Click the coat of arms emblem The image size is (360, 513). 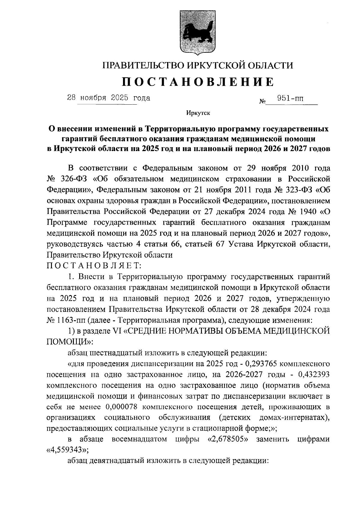[x=197, y=33]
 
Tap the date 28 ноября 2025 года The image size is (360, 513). [x=108, y=98]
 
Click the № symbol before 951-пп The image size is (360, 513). [x=262, y=102]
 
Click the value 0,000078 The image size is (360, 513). [x=123, y=407]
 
